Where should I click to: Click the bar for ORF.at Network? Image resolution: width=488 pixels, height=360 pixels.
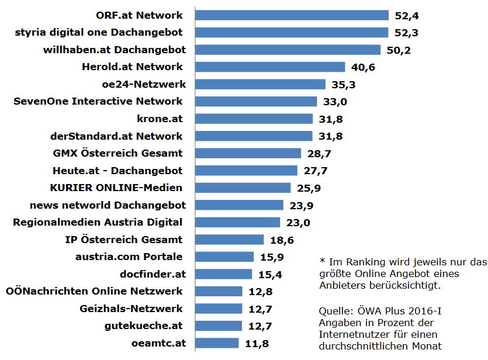point(292,15)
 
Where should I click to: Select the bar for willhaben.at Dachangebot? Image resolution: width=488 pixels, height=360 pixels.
point(288,50)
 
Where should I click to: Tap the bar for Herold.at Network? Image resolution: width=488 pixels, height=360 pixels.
point(270,67)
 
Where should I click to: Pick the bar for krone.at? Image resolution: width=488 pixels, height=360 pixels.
point(254,119)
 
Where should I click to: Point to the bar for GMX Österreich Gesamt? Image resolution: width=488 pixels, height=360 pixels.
point(248,153)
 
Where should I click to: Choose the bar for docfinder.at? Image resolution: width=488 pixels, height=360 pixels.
point(223,274)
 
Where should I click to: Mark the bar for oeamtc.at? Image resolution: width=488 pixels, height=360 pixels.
point(217,343)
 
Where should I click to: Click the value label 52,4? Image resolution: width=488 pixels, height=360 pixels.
point(407,15)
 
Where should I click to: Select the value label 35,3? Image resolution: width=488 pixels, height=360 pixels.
point(344,85)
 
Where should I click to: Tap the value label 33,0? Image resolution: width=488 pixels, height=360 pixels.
point(335,102)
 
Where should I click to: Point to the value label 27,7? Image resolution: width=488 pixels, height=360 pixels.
point(316,171)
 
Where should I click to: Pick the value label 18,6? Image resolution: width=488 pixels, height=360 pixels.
point(282,240)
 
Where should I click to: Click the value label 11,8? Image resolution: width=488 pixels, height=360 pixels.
point(257,343)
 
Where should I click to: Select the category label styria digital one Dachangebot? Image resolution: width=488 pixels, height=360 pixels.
point(99,32)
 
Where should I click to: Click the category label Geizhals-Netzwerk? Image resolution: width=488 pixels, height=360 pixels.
point(131,309)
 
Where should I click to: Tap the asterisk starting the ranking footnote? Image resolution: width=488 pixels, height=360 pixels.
point(321,261)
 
